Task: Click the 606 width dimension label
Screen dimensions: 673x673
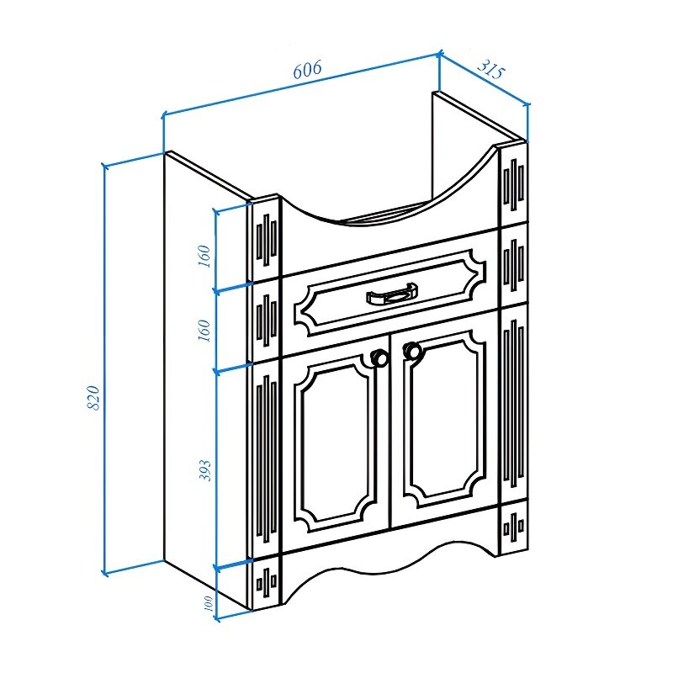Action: pos(307,70)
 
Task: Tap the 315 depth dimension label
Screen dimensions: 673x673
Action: pos(490,68)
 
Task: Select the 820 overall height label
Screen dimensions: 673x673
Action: pos(93,397)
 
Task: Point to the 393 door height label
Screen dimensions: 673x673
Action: pos(205,470)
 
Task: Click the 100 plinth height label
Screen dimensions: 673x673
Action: pos(208,604)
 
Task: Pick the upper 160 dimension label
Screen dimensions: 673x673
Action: pos(204,257)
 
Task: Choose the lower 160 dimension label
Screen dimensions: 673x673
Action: pos(204,331)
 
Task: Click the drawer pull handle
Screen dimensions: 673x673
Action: pos(392,294)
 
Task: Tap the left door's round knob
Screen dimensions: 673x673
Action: pos(379,357)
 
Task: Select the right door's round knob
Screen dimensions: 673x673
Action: pos(412,351)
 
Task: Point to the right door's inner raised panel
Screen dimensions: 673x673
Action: pos(445,418)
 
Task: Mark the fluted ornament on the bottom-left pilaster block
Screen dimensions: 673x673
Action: pos(266,583)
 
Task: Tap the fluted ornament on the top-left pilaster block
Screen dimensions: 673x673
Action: pos(266,240)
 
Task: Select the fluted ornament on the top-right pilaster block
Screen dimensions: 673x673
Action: pos(514,184)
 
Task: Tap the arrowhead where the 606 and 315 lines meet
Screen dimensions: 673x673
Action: pos(439,54)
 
